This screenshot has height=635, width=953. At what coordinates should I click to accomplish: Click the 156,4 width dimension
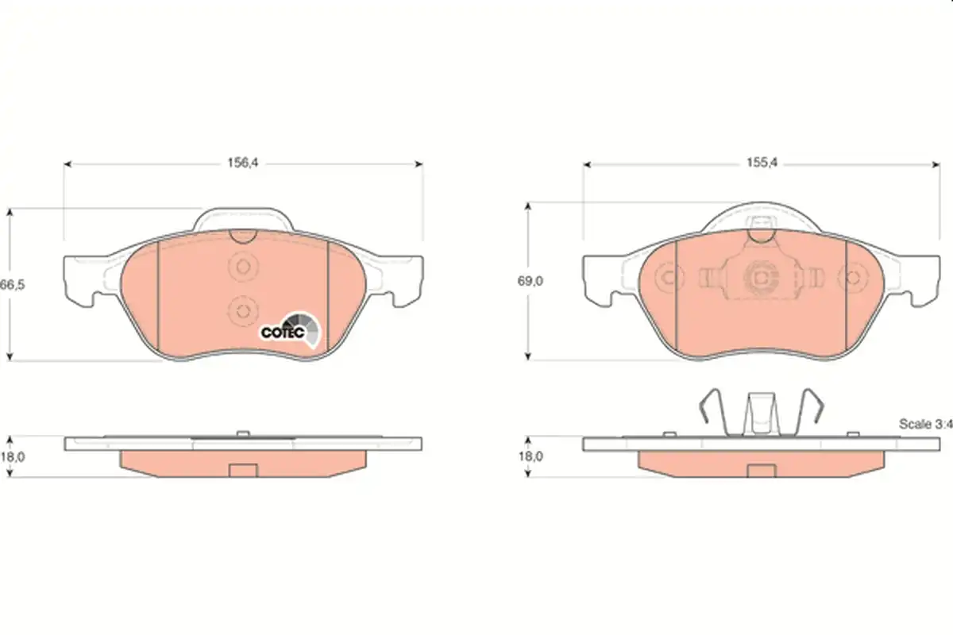click(243, 163)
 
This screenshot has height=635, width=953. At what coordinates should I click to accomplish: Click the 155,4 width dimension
click(762, 163)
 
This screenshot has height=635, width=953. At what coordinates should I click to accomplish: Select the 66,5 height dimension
click(13, 284)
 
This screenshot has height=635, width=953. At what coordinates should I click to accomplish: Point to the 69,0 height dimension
click(531, 281)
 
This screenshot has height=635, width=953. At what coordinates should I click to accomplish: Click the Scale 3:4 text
click(925, 424)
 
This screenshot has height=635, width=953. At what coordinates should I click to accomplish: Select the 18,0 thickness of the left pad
click(13, 456)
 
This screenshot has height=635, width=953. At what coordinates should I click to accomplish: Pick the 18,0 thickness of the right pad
click(531, 456)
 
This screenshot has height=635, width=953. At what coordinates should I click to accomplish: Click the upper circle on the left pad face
click(243, 267)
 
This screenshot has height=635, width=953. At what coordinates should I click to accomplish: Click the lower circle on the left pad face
click(243, 311)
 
